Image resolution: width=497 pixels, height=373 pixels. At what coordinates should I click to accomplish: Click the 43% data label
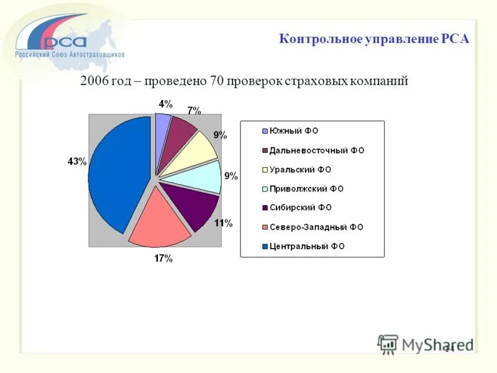(76, 162)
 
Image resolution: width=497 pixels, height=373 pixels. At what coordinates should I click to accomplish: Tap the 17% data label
(163, 259)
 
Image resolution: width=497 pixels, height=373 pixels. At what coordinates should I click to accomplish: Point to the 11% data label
(224, 223)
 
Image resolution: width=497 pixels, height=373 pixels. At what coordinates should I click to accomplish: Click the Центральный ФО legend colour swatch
(265, 247)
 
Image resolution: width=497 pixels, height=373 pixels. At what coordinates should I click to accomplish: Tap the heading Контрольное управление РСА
(374, 39)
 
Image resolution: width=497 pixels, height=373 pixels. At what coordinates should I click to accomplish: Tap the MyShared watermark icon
(388, 344)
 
